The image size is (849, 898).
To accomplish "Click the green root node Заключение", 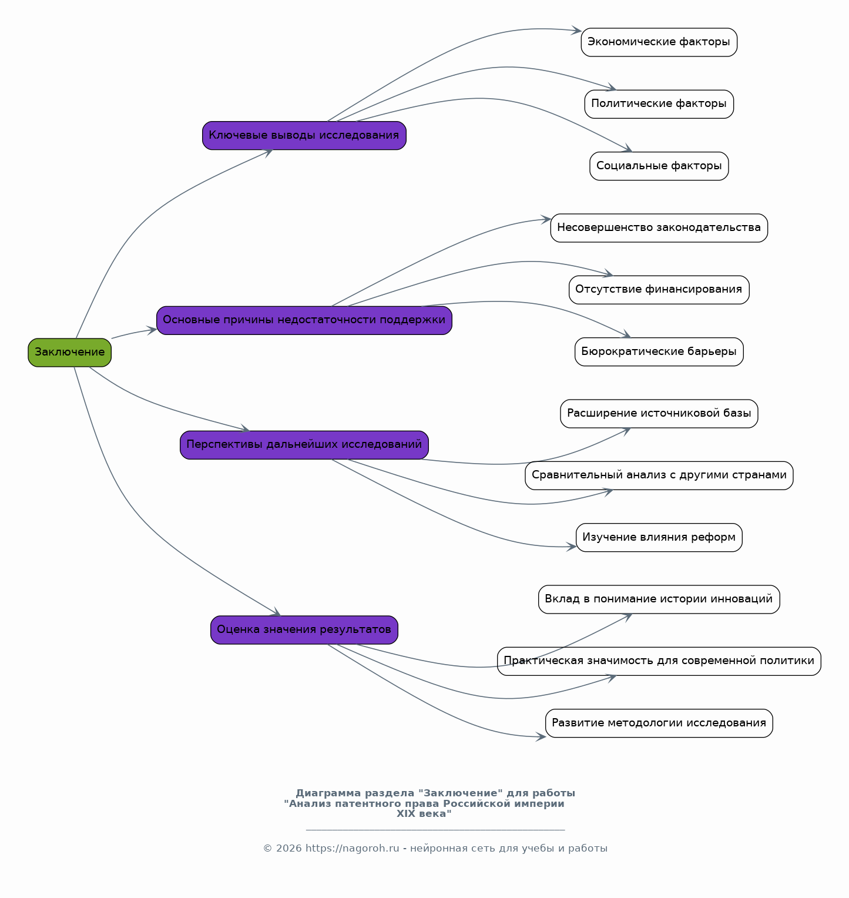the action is (x=69, y=353).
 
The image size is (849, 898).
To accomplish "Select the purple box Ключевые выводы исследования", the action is (x=304, y=136).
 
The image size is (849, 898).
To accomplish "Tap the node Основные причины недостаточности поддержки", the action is (x=304, y=320).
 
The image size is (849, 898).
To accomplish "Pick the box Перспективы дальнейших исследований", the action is (x=304, y=445).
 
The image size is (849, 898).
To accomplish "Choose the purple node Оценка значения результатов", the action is (x=304, y=630).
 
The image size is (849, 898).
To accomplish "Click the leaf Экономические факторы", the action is (x=659, y=42).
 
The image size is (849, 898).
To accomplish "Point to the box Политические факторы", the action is (x=659, y=104).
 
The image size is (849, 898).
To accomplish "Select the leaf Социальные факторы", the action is (x=659, y=166).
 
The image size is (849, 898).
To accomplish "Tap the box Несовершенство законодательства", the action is (x=659, y=228).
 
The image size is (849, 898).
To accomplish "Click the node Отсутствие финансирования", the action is (x=659, y=290).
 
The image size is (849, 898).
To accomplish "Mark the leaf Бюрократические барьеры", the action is (x=659, y=352).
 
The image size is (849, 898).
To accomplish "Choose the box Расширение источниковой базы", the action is (x=659, y=414).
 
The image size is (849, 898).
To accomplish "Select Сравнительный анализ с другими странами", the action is (x=659, y=475).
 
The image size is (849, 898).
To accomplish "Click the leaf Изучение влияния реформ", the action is (x=659, y=538).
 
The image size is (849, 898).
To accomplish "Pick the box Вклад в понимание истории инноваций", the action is (x=659, y=599).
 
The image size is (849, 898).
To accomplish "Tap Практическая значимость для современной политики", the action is (x=659, y=661).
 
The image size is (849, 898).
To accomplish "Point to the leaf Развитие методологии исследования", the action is (x=659, y=723).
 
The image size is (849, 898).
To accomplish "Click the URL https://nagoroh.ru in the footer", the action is (x=353, y=849).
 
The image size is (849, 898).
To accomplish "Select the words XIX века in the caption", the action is (x=424, y=814).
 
